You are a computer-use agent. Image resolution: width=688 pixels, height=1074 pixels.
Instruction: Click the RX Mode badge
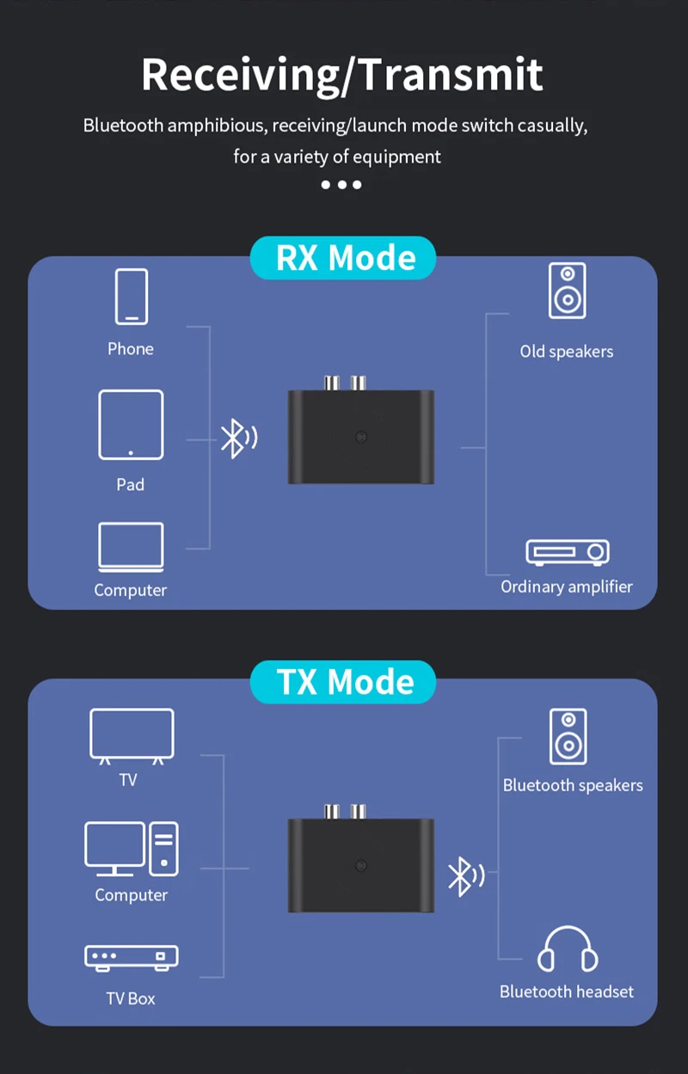[x=343, y=258]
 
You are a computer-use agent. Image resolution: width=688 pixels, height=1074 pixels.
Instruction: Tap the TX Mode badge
[x=343, y=682]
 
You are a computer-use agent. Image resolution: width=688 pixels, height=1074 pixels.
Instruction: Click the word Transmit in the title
[x=451, y=74]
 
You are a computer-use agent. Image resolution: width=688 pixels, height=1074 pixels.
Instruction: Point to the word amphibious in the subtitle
[x=216, y=126]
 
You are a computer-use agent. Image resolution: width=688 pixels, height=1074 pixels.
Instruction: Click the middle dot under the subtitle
[x=341, y=185]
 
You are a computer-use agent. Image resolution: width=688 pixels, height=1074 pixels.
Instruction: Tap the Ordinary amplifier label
[x=567, y=586]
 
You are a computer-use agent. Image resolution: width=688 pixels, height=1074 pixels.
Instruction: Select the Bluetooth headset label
[x=567, y=991]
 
